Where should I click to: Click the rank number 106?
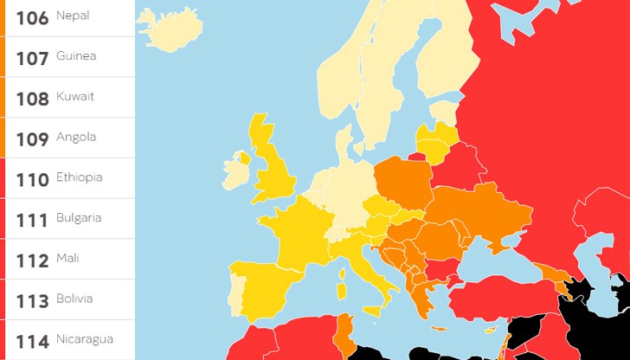32,16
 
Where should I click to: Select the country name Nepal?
73,16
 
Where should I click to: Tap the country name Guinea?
75,56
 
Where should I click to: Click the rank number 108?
32,98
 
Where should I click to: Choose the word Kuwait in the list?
75,96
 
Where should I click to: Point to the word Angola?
75,137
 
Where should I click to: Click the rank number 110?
32,179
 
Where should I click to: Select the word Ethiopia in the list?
79,177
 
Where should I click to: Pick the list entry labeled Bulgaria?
79,217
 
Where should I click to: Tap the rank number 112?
32,260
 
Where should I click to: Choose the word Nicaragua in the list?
84,338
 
